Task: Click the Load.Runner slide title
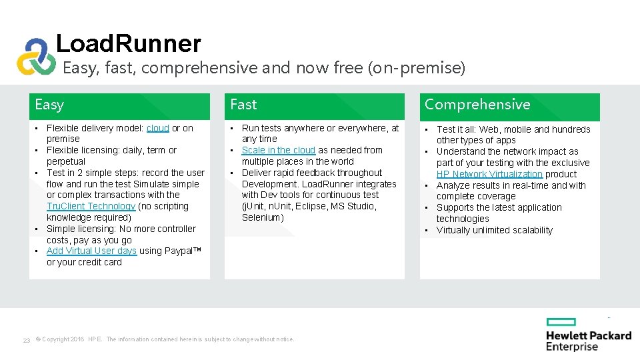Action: tap(128, 44)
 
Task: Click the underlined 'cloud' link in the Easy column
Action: tap(158, 128)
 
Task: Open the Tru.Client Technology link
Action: tap(91, 207)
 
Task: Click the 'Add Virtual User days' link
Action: tap(91, 251)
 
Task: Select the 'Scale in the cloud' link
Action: tap(278, 151)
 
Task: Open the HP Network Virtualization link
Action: tap(489, 174)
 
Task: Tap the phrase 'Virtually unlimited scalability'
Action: tap(495, 231)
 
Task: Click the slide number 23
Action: tap(26, 340)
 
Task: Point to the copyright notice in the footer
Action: tap(165, 339)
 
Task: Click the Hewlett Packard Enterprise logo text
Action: tap(588, 341)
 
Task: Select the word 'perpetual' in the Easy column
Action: tap(66, 162)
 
